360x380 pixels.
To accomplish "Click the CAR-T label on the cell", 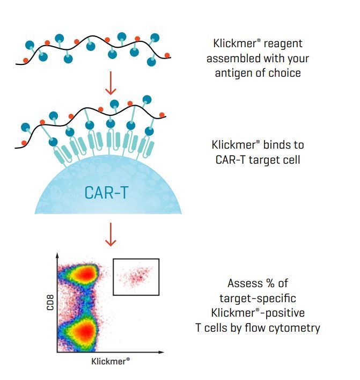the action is [106, 193].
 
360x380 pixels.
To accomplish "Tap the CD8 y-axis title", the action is [50, 302].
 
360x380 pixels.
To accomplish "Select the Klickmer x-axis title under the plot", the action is [111, 361].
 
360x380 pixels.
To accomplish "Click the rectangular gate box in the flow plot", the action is [136, 259].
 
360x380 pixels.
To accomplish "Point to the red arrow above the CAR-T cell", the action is [111, 83].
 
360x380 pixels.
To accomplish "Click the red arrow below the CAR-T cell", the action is [111, 235].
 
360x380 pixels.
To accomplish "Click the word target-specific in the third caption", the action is [258, 298].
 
